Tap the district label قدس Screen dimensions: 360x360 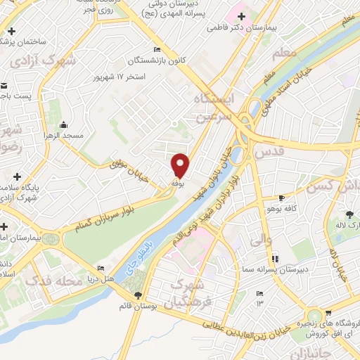(270, 150)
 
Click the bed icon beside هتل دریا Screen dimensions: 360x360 (100, 268)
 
